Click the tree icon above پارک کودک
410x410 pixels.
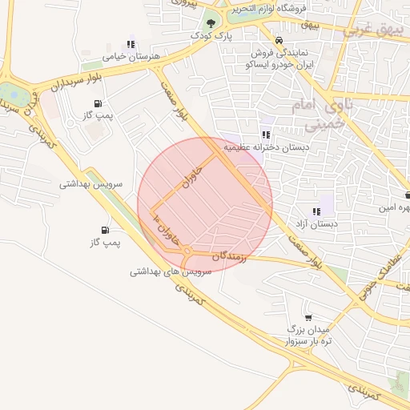pos(211,23)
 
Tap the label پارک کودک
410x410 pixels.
pos(211,36)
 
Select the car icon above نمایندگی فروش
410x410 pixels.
pos(278,41)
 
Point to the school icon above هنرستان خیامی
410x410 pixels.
pos(131,44)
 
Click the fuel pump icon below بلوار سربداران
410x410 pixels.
pos(98,103)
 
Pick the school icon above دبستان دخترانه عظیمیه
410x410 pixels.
pos(265,135)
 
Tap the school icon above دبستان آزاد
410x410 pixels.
pos(316,212)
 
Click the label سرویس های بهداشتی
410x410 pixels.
pos(171,272)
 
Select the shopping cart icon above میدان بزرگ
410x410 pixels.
pos(308,318)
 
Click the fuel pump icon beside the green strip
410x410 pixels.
pos(105,230)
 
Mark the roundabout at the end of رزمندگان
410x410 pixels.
pos(187,253)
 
